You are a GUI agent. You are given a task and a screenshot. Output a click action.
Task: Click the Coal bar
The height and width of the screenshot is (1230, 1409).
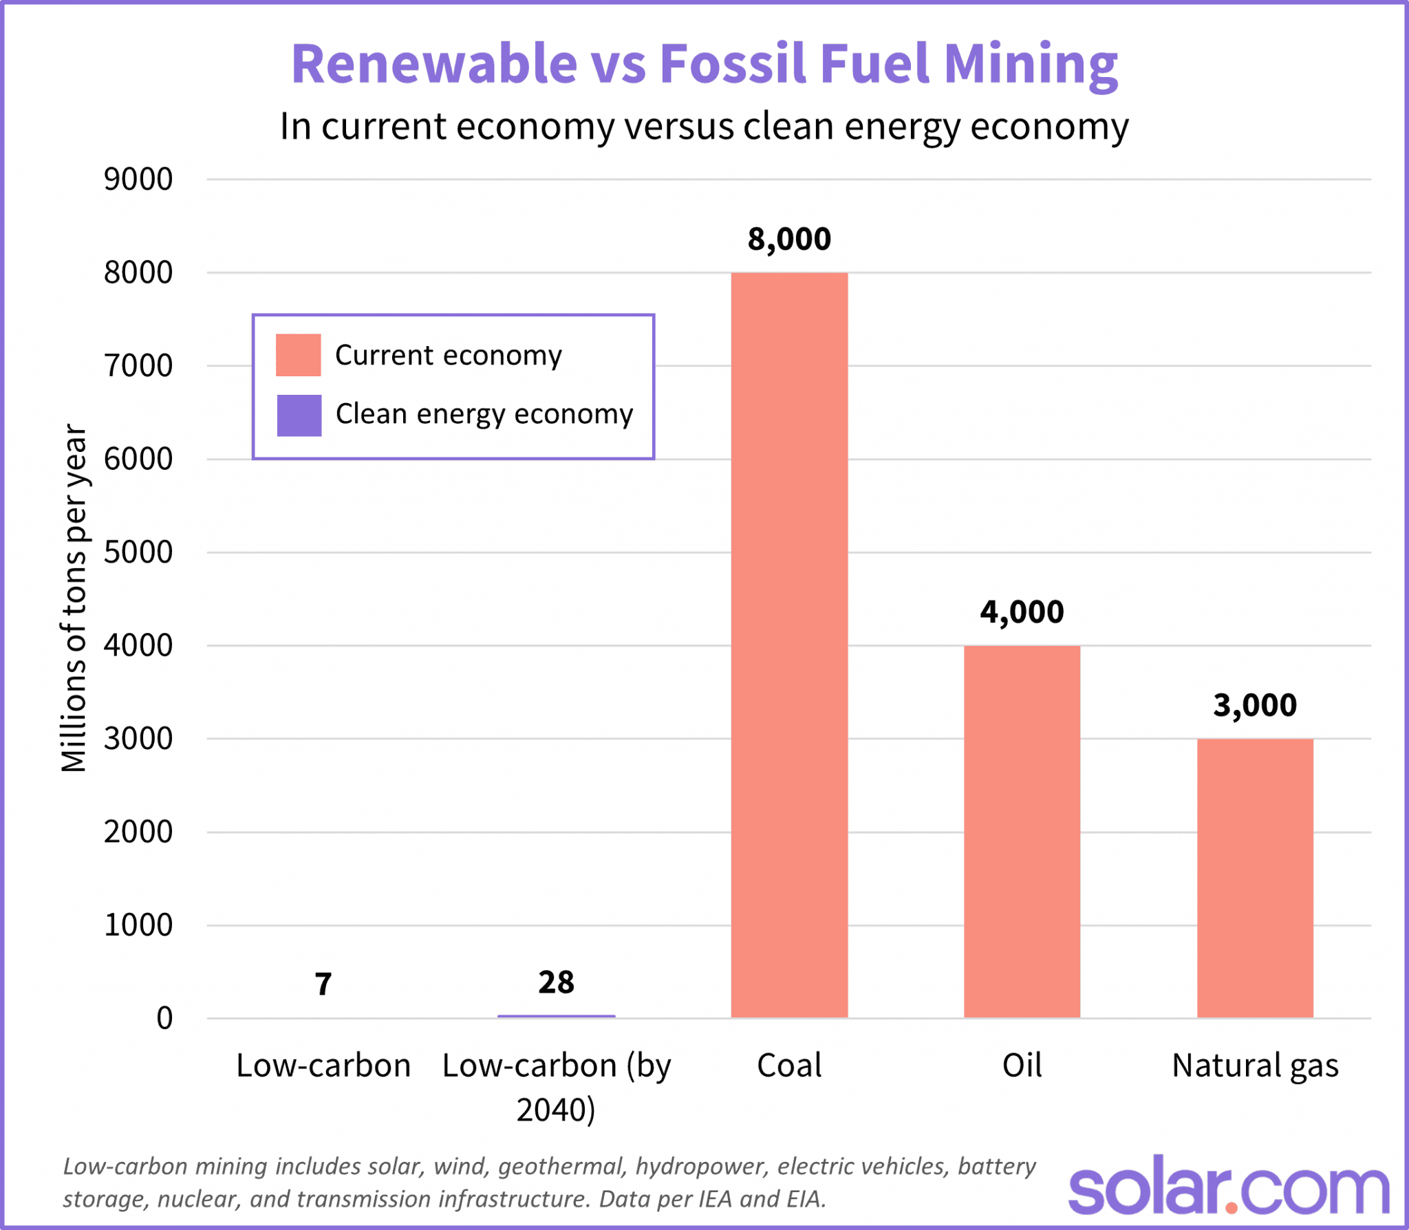789,645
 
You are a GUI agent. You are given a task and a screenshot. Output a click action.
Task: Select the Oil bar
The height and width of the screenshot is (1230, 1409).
1022,831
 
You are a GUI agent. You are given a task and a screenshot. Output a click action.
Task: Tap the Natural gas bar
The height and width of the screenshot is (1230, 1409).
1255,878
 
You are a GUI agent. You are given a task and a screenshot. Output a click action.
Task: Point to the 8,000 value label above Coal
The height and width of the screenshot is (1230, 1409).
789,239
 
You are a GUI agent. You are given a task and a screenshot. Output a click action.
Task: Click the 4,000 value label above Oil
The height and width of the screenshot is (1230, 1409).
1022,612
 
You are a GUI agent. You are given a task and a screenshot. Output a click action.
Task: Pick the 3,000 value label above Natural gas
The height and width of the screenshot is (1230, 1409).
1255,705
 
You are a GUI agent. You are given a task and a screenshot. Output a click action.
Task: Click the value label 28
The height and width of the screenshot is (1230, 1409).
556,982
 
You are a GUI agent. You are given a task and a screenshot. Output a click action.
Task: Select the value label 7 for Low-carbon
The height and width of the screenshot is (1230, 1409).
323,984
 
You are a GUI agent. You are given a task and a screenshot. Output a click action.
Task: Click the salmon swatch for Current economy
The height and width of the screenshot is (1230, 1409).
298,355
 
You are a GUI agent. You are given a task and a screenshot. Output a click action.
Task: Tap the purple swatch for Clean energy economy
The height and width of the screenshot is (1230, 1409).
299,415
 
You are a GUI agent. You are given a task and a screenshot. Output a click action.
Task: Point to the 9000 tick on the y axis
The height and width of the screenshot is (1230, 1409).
138,180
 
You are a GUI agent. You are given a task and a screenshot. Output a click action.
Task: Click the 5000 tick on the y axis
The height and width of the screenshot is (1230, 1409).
138,552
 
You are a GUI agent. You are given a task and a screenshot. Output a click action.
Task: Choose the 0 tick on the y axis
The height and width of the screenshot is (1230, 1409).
164,1018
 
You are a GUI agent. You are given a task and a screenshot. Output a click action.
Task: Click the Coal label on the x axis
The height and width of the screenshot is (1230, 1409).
789,1066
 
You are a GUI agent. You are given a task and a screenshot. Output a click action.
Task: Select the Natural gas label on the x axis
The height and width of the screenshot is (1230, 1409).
1255,1066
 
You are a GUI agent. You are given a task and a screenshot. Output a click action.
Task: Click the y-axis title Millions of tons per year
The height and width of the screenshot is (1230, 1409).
74,598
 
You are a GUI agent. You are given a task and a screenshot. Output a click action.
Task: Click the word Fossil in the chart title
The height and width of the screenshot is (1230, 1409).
732,63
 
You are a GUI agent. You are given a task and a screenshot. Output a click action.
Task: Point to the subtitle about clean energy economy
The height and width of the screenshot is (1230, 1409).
704,127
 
